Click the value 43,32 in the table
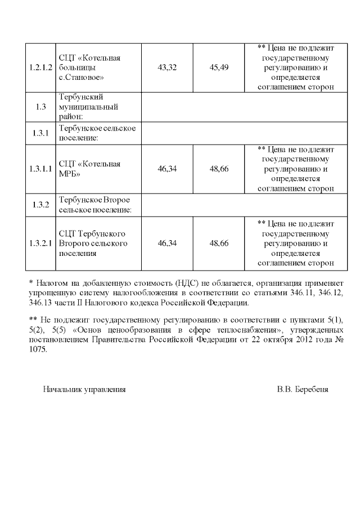point(167,67)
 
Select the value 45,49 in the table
point(219,67)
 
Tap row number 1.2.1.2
point(40,67)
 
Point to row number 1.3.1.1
point(40,169)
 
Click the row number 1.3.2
point(40,205)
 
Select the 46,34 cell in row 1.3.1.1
point(167,169)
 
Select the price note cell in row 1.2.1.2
point(295,67)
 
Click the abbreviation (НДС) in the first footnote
point(188,283)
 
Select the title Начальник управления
point(84,389)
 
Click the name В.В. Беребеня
point(303,389)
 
